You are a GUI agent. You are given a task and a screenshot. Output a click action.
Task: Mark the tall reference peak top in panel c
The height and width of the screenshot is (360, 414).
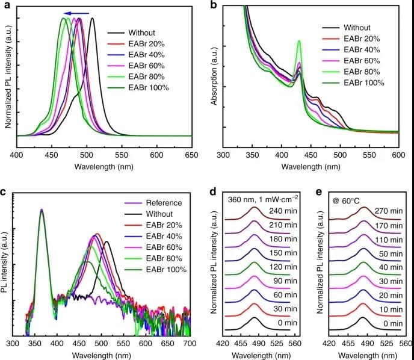(x=42, y=210)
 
